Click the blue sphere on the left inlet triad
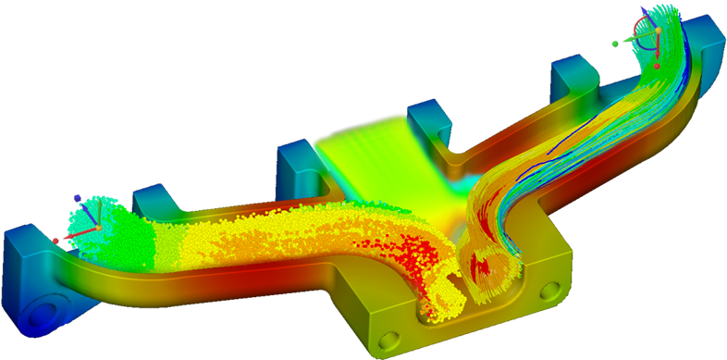click(x=77, y=197)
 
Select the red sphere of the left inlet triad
click(x=55, y=241)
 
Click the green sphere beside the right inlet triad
click(x=615, y=43)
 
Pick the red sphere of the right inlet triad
click(x=657, y=67)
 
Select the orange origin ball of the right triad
click(x=659, y=31)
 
